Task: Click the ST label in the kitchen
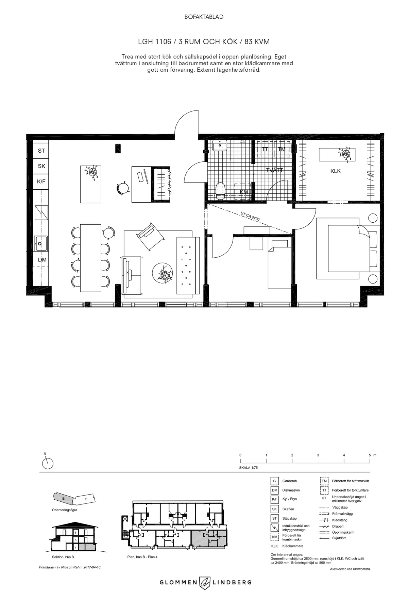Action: coord(41,151)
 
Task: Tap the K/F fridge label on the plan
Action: coord(41,182)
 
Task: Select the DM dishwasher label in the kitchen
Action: coord(42,260)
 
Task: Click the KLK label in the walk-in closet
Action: coord(335,171)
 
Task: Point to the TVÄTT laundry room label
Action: coord(274,170)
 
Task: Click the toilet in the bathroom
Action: coord(221,190)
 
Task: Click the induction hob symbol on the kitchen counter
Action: coord(41,212)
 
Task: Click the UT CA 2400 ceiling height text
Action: coord(250,217)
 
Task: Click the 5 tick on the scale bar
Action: coord(370,455)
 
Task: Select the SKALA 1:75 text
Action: coord(249,468)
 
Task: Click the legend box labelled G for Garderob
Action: coord(274,481)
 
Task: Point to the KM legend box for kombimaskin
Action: coord(274,537)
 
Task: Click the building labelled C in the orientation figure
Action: coord(86,499)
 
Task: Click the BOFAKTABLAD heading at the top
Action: coord(204,17)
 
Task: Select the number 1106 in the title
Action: coord(162,41)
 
